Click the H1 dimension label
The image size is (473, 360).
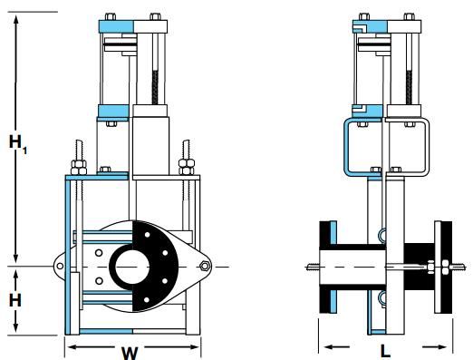click(17, 144)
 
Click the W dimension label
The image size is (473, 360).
click(130, 353)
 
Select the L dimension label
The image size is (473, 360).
click(385, 352)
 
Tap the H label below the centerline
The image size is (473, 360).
click(15, 300)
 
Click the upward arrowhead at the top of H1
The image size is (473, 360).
click(16, 20)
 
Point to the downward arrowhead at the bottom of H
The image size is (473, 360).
click(16, 327)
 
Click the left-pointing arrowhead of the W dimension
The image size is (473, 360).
click(73, 346)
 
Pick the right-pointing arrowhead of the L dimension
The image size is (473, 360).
click(441, 346)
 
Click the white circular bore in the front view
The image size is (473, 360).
click(132, 267)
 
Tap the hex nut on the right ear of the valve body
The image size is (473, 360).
click(205, 267)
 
